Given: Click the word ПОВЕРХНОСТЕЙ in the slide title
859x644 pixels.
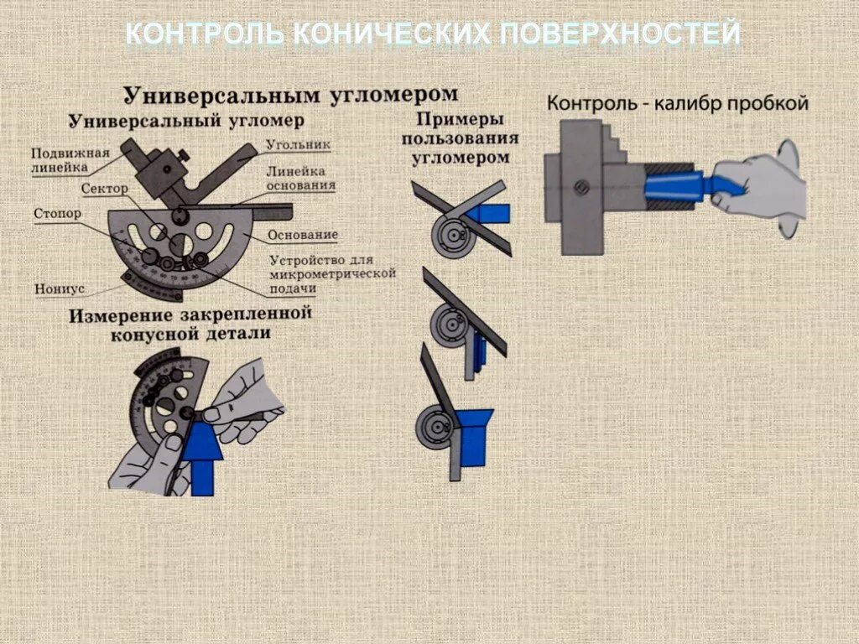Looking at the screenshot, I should [x=621, y=34].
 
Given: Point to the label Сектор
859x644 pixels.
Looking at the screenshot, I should [x=104, y=189].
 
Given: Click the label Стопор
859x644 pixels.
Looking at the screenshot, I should [x=58, y=214].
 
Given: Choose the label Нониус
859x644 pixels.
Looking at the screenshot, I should [x=60, y=288].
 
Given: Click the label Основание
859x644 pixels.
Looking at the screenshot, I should [x=303, y=235].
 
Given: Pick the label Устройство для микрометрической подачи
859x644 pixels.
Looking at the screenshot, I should [x=332, y=273].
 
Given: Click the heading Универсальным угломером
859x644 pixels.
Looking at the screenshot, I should [x=291, y=93].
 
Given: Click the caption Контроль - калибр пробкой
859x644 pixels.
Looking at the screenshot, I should [x=677, y=104].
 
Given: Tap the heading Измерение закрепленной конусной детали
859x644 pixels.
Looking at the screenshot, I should [x=190, y=324].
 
